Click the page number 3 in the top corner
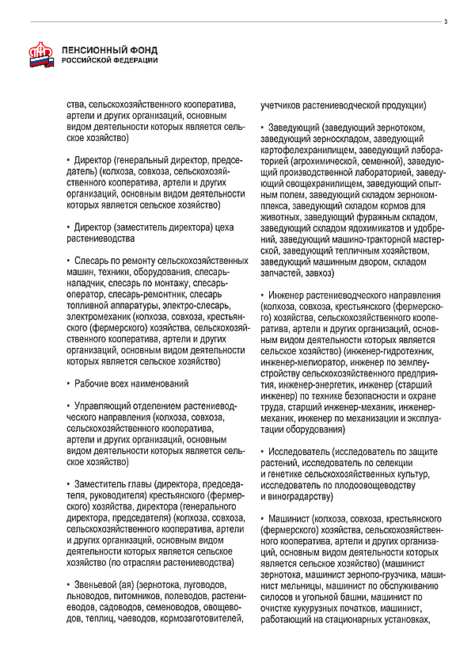[x=446, y=21]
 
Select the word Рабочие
[x=91, y=384]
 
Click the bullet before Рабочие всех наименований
[x=69, y=384]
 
